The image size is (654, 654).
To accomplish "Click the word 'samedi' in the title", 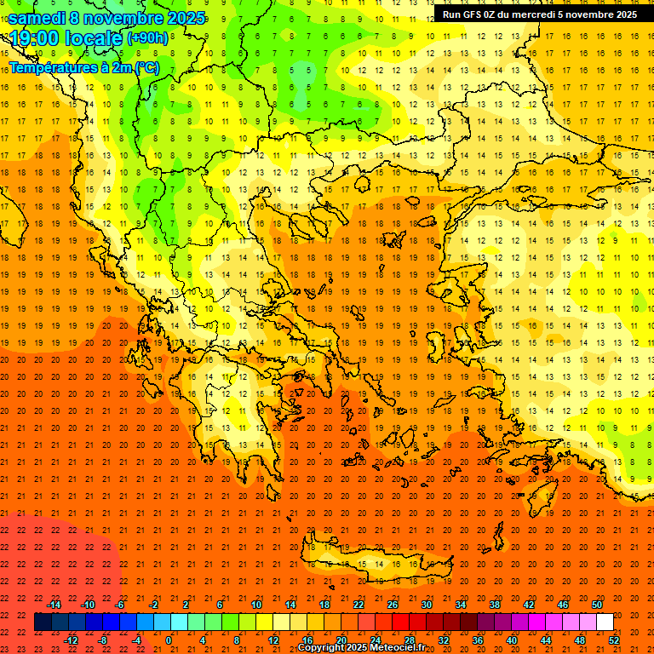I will click(x=37, y=18).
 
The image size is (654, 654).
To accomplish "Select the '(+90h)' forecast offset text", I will click(x=147, y=38).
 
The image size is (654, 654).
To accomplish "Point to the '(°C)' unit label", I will click(x=146, y=67).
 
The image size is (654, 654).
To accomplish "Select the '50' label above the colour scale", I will click(x=597, y=605).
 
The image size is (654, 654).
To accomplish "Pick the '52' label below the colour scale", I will click(x=614, y=640).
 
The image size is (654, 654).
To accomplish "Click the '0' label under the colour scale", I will click(x=169, y=640).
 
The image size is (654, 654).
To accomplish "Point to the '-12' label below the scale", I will click(x=71, y=640).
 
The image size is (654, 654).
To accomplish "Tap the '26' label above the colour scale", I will click(x=393, y=605).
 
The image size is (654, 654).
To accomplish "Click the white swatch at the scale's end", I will click(x=605, y=622).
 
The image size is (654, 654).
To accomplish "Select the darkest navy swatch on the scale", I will click(x=43, y=622).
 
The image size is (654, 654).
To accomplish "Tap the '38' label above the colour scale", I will click(x=495, y=605).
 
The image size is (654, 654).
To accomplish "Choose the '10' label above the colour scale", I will click(x=255, y=605).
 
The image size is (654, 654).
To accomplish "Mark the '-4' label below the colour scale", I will click(x=136, y=640).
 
